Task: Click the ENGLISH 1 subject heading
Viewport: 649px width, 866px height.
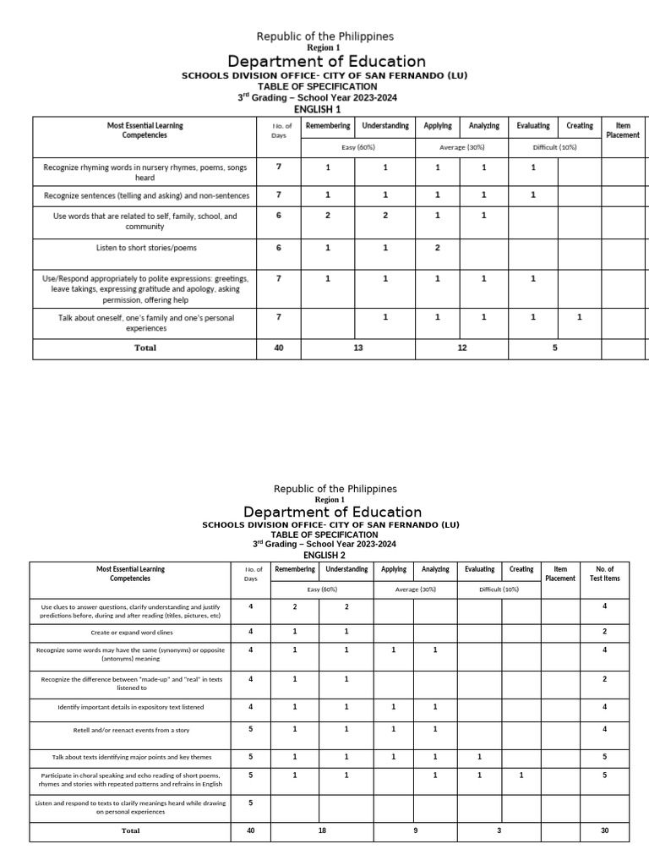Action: click(x=317, y=109)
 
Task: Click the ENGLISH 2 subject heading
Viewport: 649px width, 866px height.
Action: click(x=324, y=556)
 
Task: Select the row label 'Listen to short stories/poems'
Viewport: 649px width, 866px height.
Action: click(x=145, y=248)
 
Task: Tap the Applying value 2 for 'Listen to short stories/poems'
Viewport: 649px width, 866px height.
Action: click(x=437, y=248)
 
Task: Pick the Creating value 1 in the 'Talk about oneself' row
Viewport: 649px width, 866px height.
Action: click(x=579, y=317)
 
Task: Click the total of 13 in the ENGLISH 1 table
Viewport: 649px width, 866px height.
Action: click(x=358, y=348)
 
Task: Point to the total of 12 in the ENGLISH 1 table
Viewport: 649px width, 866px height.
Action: click(x=462, y=348)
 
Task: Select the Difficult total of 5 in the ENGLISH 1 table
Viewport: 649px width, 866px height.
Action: click(x=554, y=348)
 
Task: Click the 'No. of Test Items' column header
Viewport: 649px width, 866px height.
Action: click(x=604, y=573)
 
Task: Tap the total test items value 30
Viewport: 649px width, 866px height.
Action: click(x=604, y=830)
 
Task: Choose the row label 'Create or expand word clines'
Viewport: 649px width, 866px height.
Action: click(x=130, y=632)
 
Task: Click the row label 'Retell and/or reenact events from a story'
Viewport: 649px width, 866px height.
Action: click(x=130, y=729)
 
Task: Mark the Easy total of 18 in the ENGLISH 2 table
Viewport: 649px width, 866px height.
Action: click(x=322, y=830)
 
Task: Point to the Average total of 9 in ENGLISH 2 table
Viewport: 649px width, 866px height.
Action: click(x=415, y=830)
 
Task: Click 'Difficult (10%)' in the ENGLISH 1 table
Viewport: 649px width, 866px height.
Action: click(x=554, y=147)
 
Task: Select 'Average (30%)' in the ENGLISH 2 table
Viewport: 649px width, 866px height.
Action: click(x=415, y=589)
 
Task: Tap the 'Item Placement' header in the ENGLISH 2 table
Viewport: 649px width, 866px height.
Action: click(x=560, y=573)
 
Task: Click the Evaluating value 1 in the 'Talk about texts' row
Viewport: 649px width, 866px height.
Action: click(x=478, y=757)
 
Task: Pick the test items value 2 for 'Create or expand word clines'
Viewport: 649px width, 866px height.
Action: click(x=604, y=632)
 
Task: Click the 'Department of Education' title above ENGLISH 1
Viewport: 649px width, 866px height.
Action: click(x=326, y=62)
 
